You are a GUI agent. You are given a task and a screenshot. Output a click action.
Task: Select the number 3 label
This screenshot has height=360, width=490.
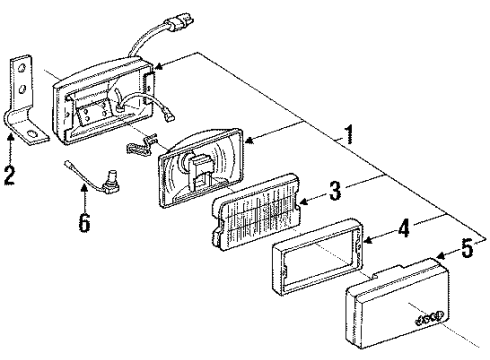point(337,188)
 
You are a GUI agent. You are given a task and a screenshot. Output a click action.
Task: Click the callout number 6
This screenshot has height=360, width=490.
point(84,222)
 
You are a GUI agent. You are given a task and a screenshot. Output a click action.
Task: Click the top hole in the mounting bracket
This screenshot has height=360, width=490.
point(20,65)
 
